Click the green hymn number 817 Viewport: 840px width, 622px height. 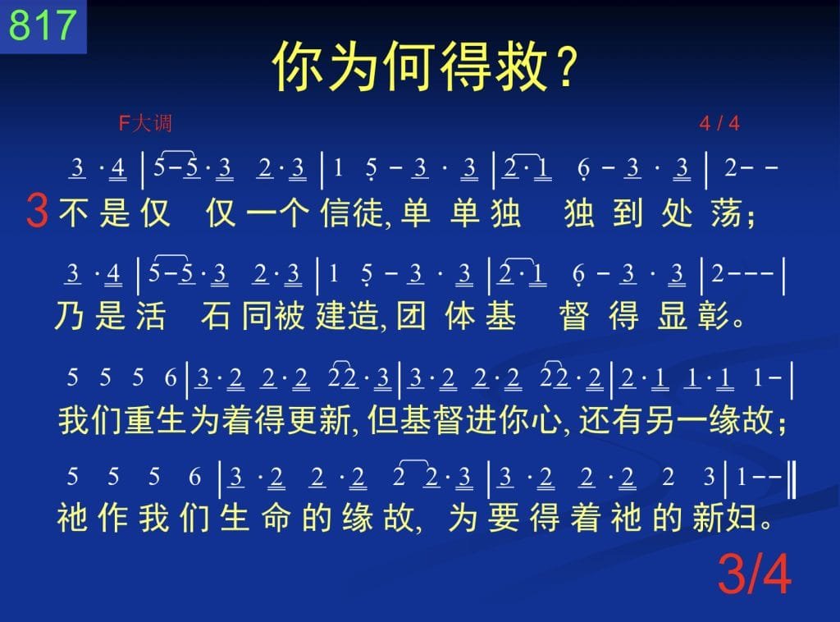(42, 25)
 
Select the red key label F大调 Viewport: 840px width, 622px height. (145, 123)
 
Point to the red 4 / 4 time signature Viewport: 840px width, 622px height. (719, 124)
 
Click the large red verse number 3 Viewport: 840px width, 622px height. (38, 211)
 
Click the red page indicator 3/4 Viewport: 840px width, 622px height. (754, 574)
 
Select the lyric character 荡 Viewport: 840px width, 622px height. (727, 213)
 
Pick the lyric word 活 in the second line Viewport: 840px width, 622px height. (151, 315)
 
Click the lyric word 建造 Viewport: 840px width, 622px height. (347, 315)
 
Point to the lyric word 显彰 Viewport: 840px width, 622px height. (693, 315)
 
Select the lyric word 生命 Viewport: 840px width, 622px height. (256, 518)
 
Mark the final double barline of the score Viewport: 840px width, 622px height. (792, 476)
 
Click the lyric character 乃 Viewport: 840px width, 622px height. (70, 315)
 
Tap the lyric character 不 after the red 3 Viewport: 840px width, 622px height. (74, 213)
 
